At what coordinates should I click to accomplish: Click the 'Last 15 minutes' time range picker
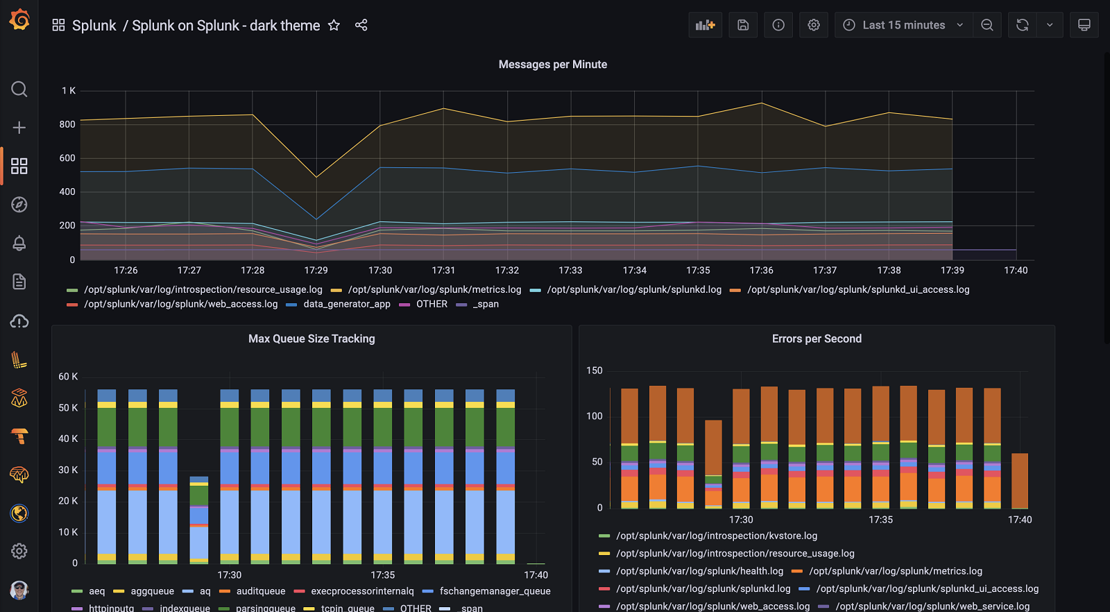coord(903,25)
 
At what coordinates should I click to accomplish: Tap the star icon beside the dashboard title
coord(334,25)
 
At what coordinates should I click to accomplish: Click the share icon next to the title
coord(361,25)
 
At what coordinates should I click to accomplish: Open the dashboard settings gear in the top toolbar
coord(814,25)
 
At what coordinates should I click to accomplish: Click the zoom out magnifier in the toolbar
coord(987,25)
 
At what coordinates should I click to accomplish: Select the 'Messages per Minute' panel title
coord(552,65)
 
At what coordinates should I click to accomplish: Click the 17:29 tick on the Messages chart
coord(316,270)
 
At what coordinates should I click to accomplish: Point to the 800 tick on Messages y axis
coord(67,124)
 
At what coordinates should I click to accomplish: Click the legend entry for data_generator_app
coord(346,304)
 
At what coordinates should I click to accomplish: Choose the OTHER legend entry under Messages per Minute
coord(432,304)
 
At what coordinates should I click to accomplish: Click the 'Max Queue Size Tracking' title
coord(311,339)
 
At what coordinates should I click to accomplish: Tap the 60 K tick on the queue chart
coord(68,376)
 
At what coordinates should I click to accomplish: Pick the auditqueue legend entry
coord(260,591)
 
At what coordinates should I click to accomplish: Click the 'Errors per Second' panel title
coord(817,339)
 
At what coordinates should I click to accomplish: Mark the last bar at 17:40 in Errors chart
coord(1019,481)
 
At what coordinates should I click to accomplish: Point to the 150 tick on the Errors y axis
coord(595,371)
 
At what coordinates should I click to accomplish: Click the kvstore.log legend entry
coord(716,536)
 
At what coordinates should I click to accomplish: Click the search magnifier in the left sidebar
coord(19,89)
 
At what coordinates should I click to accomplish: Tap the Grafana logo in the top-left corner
coord(19,19)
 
